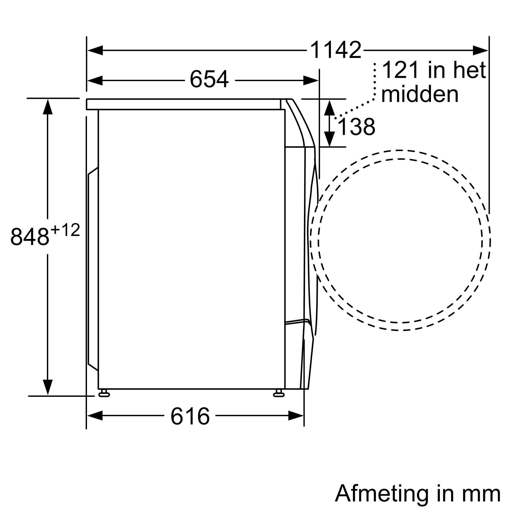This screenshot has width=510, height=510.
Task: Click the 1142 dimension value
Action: pos(336,50)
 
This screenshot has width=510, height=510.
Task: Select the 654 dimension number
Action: pos(209,79)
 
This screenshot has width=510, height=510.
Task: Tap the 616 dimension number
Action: pos(190,416)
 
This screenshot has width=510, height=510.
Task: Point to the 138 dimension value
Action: pos(356,127)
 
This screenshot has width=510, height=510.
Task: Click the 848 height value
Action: pos(30,236)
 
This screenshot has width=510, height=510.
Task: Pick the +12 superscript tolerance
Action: pos(65,230)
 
